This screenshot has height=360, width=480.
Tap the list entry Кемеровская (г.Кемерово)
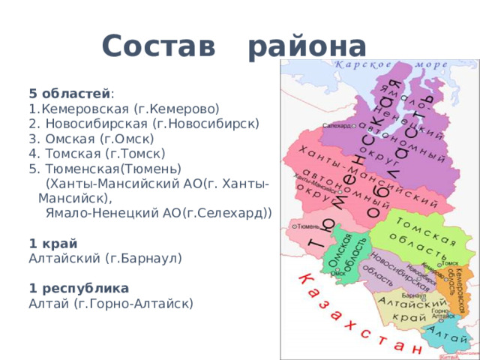[124, 109]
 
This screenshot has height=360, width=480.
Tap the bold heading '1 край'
[52, 243]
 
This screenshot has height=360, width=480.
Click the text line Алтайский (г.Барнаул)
[105, 258]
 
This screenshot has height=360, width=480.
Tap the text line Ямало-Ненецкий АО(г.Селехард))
[158, 213]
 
